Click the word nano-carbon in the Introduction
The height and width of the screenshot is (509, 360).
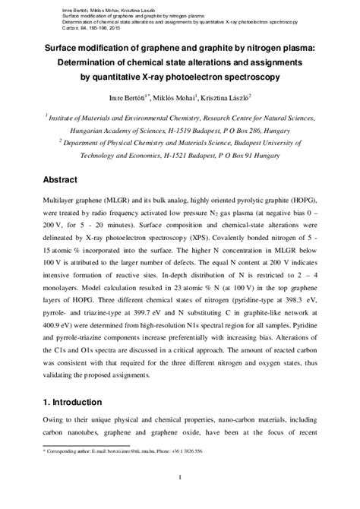pyautogui.click(x=224, y=422)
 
